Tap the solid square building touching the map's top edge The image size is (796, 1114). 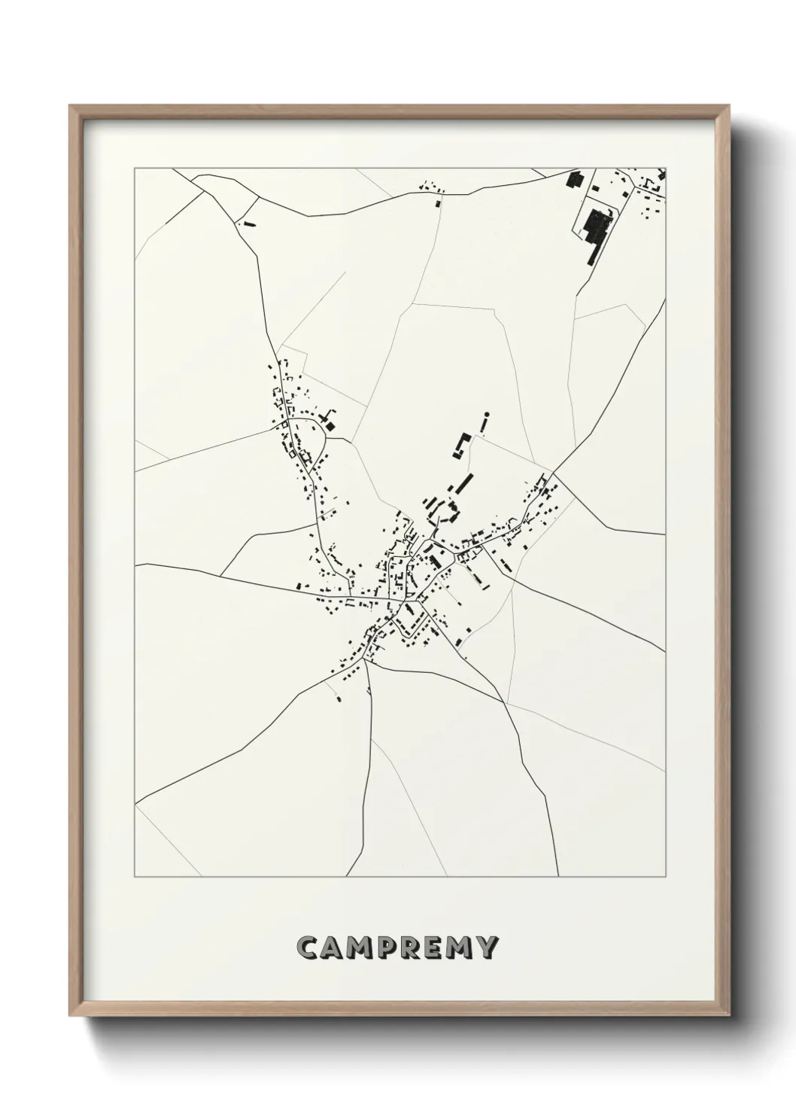(574, 180)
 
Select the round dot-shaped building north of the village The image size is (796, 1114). (487, 414)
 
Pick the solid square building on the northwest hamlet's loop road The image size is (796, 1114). (330, 426)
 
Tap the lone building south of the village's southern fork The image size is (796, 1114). (339, 699)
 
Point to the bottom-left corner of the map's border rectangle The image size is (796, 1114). (135, 877)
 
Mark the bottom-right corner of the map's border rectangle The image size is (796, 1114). (665, 877)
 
